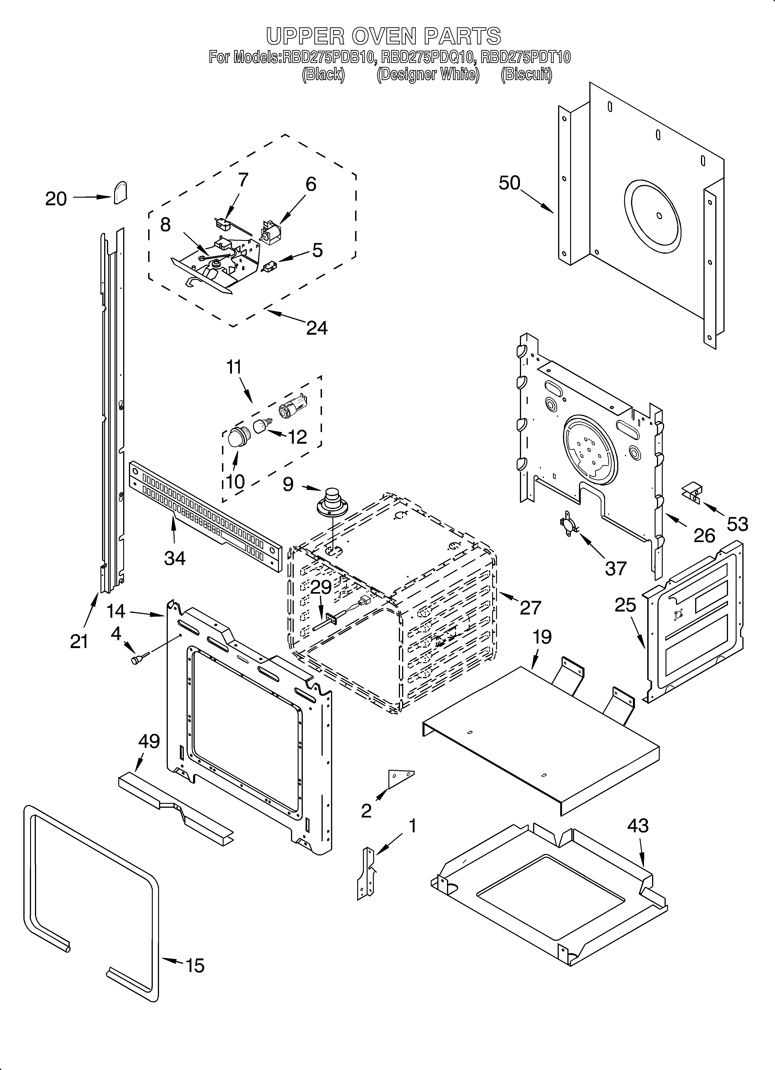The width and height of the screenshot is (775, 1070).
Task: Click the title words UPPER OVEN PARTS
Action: [383, 36]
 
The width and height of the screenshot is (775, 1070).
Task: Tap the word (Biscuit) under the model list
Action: [526, 75]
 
